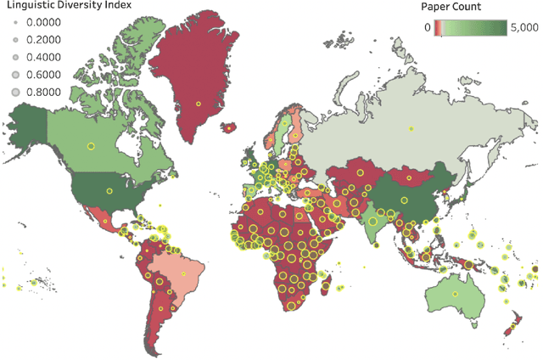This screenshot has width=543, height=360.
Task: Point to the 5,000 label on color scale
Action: pyautogui.click(x=520, y=27)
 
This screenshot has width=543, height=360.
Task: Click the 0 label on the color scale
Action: pyautogui.click(x=427, y=27)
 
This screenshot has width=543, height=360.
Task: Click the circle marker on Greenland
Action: pyautogui.click(x=198, y=104)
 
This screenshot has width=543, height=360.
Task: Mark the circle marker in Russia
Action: pyautogui.click(x=411, y=130)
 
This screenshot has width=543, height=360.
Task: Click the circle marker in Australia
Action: pyautogui.click(x=455, y=293)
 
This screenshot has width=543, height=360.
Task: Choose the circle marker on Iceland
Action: pyautogui.click(x=228, y=127)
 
